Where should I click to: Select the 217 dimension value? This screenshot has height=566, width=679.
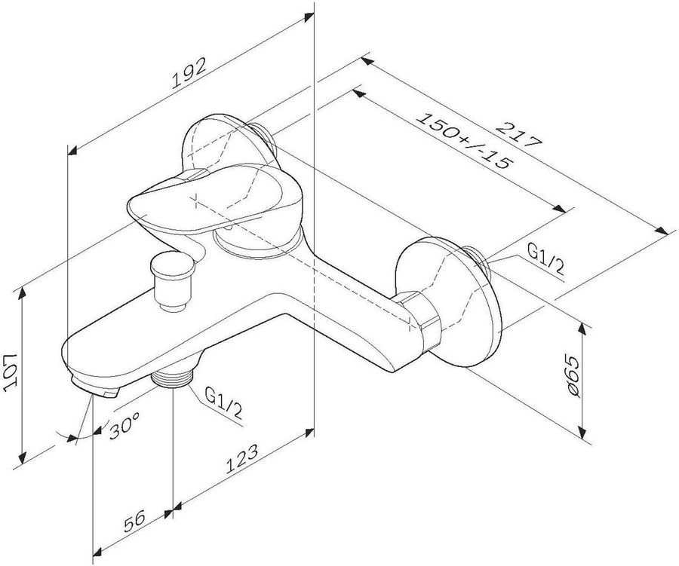519,136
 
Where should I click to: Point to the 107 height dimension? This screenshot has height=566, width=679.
11,372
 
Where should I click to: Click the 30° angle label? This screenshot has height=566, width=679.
124,424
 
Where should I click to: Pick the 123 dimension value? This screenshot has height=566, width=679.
241,458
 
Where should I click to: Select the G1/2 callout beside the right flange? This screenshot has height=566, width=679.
545,259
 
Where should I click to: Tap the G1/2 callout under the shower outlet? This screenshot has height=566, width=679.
223,403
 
